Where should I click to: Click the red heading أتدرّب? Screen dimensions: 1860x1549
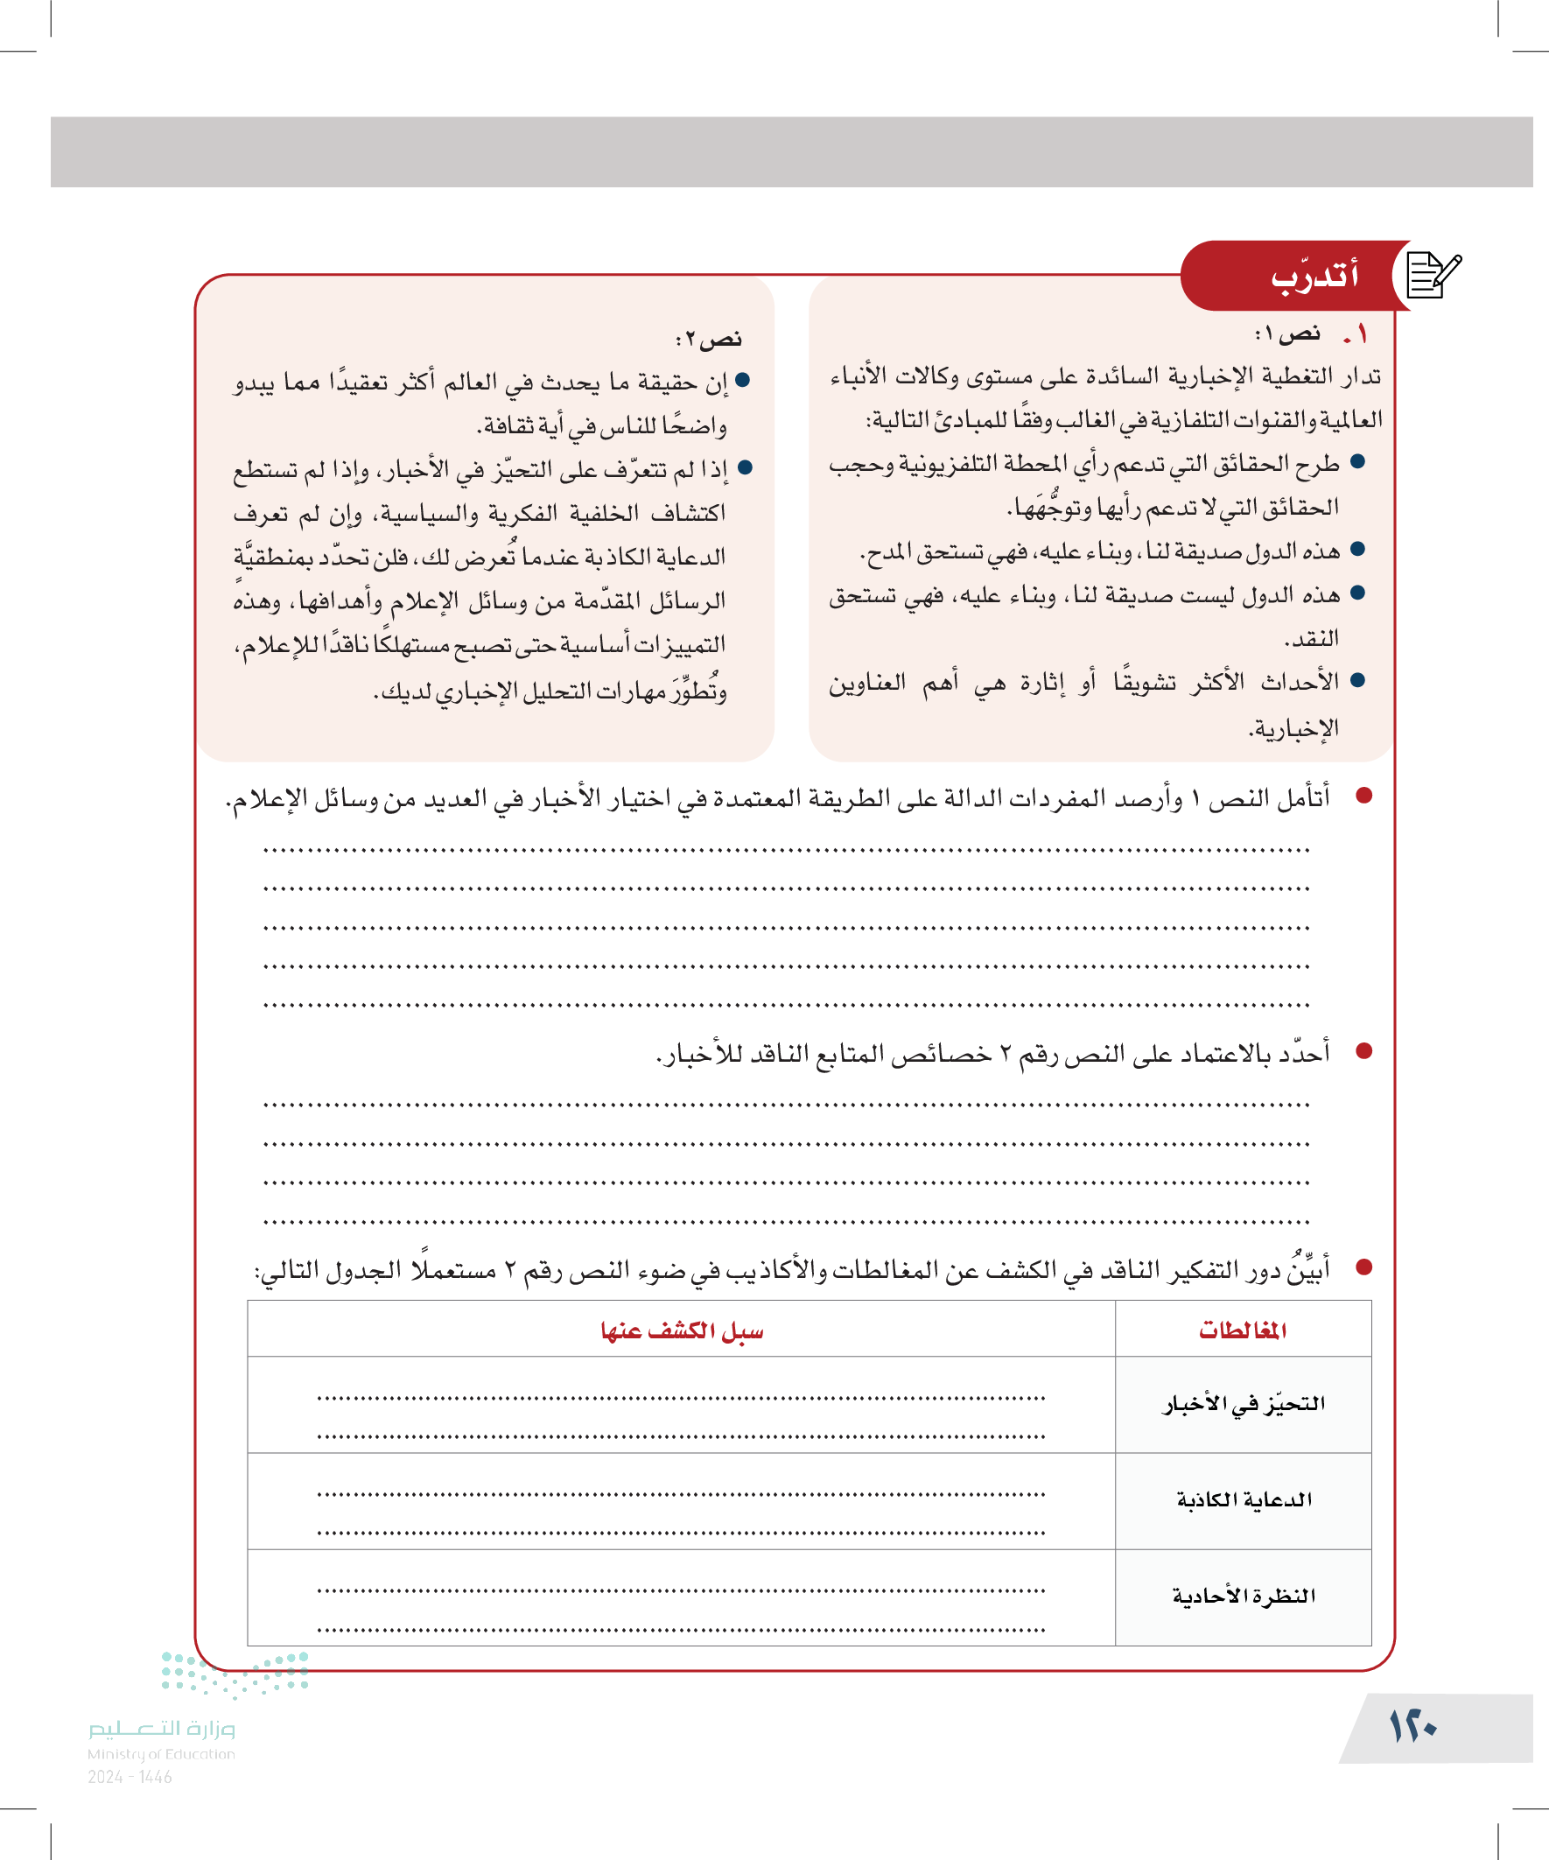point(1314,277)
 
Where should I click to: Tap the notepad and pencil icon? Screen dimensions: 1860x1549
point(1433,276)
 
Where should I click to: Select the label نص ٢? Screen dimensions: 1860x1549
point(710,340)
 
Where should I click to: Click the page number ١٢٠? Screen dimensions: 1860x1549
point(1412,1726)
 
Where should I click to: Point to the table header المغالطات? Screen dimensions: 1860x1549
point(1243,1330)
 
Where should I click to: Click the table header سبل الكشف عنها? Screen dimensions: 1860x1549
point(681,1330)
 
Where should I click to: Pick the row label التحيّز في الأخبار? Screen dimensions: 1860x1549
point(1244,1404)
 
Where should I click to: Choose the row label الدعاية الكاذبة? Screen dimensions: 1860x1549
point(1244,1499)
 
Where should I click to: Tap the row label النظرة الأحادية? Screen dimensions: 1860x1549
point(1244,1596)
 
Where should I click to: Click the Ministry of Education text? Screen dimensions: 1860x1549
point(161,1754)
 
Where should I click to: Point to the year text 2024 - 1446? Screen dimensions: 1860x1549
point(130,1777)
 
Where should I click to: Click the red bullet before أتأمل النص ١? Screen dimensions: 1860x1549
point(1363,797)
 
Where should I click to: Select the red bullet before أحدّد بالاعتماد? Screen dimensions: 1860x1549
point(1363,1051)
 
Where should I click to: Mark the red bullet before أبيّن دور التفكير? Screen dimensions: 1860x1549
point(1363,1267)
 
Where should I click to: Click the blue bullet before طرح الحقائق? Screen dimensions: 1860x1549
point(1358,461)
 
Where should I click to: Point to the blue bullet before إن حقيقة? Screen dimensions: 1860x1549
point(743,380)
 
